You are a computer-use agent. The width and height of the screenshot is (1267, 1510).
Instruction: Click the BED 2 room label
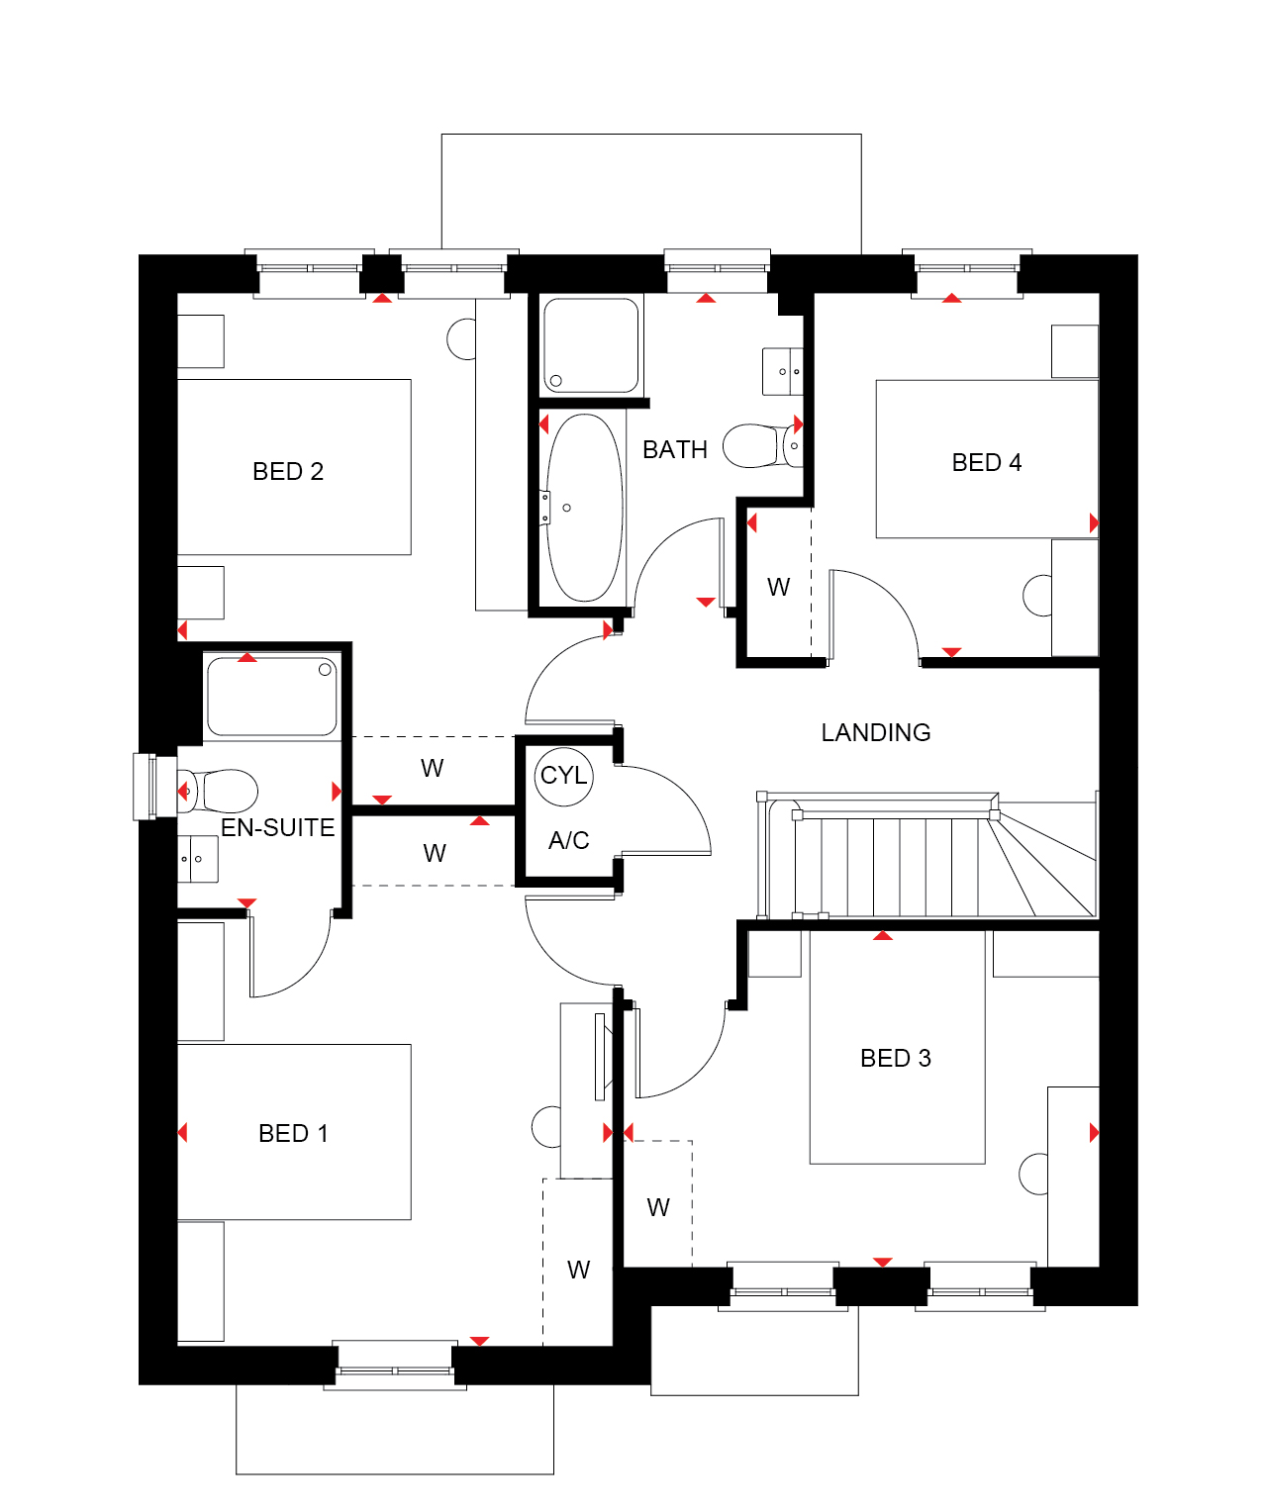click(288, 472)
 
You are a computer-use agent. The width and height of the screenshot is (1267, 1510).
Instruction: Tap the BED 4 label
click(986, 463)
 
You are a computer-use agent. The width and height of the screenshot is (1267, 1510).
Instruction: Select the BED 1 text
click(293, 1134)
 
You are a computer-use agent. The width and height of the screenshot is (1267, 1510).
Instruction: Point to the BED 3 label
click(896, 1059)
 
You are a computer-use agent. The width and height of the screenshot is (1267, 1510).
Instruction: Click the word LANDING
click(876, 733)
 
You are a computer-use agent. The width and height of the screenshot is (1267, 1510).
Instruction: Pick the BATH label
click(675, 450)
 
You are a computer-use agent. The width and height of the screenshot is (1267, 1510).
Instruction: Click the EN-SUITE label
click(277, 828)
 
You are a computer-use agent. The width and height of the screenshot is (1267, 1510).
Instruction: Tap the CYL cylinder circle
click(563, 776)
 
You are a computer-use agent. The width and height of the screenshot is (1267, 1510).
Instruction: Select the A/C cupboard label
click(568, 841)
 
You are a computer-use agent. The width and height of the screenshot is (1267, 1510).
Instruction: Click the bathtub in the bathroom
click(585, 508)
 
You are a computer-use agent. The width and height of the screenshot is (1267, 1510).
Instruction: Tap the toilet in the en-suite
click(223, 791)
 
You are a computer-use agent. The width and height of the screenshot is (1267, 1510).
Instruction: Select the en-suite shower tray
click(272, 697)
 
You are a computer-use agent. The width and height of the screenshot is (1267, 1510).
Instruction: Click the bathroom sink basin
click(783, 372)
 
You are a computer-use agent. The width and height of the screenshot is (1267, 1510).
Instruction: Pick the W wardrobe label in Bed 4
click(779, 588)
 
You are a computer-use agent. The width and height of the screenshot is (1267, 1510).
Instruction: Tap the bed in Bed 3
click(897, 1049)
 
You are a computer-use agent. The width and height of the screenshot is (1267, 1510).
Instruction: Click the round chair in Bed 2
click(462, 339)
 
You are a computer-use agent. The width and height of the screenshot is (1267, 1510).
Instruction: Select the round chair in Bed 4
click(1037, 596)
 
